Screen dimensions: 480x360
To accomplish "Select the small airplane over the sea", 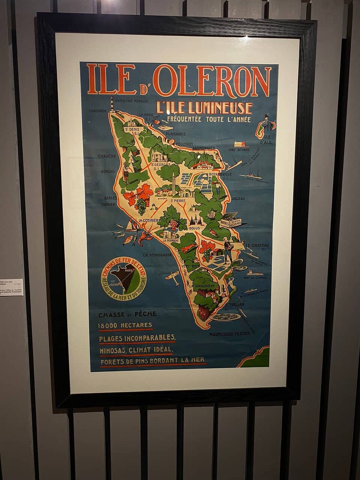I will tap(172, 277).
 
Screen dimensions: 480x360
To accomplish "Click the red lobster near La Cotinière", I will tap(145, 237).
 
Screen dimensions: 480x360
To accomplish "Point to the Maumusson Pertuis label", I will tap(229, 334).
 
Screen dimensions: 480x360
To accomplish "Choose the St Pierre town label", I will tap(178, 201).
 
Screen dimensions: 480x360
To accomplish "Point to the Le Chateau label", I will tap(258, 245).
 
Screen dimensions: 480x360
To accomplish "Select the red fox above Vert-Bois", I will tap(189, 248).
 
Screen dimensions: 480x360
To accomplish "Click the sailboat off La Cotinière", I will tap(130, 225).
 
